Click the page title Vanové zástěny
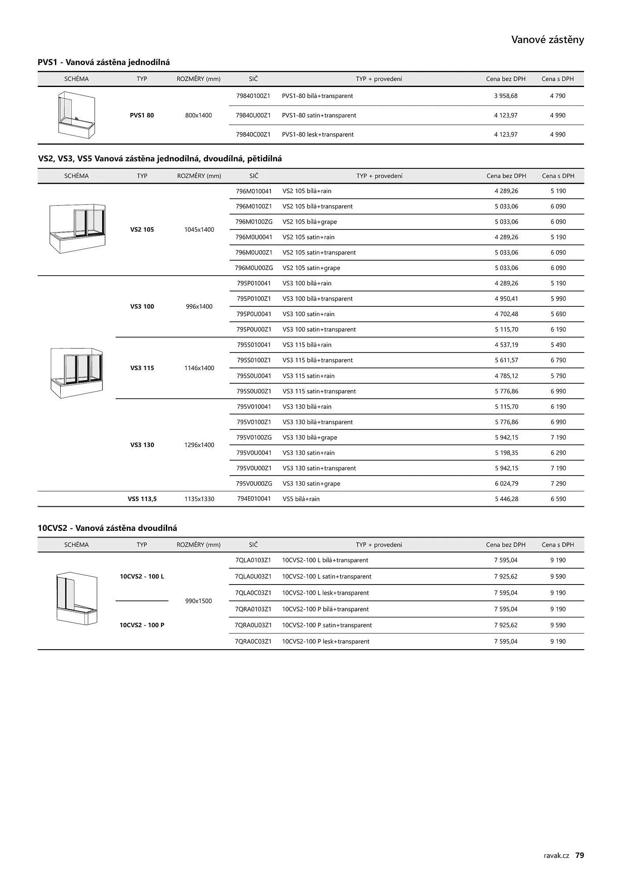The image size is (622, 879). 547,40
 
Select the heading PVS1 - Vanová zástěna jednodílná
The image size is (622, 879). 104,62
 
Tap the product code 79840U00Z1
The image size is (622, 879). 253,115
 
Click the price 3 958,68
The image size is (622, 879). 505,96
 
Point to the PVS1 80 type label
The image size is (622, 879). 142,115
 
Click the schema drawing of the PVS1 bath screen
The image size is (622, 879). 77,115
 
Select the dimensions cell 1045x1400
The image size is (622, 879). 199,229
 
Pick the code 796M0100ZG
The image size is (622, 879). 254,222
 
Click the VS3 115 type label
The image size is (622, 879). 142,368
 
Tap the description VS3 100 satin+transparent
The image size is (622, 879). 319,329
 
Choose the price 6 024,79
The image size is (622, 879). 506,483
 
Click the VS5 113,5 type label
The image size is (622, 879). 142,499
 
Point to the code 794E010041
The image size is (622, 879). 254,499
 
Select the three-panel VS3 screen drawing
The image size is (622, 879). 77,373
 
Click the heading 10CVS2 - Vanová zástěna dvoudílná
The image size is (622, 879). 107,528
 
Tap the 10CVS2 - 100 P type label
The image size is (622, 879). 142,625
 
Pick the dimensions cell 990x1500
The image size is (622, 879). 198,601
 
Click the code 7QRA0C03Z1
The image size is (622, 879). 253,641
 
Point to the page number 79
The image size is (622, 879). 580,855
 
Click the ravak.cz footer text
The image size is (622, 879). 556,855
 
